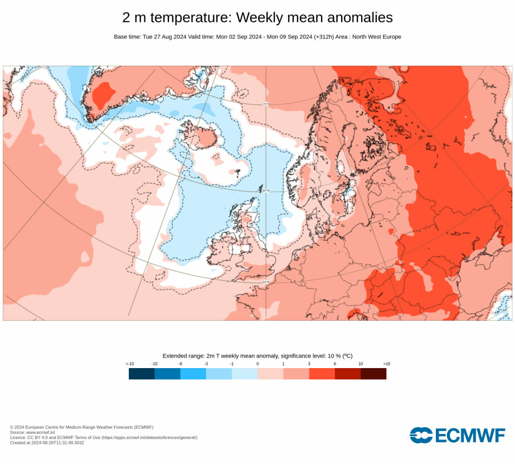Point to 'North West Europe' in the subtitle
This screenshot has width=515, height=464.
pos(377,37)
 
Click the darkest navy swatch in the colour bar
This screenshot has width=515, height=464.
pos(142,374)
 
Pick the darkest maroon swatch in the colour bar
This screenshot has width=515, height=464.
pos(373,374)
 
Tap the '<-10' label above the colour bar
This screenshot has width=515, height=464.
pos(129,364)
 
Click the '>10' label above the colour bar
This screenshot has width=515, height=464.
pos(386,364)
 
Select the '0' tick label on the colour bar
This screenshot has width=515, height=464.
pos(257,364)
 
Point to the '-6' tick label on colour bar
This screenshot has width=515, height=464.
pos(180,364)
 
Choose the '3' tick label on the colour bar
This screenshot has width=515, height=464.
pos(309,364)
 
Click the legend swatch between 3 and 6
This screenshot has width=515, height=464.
pos(322,374)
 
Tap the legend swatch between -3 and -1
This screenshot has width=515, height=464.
pos(219,374)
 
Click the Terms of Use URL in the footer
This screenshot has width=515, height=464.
pos(149,437)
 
